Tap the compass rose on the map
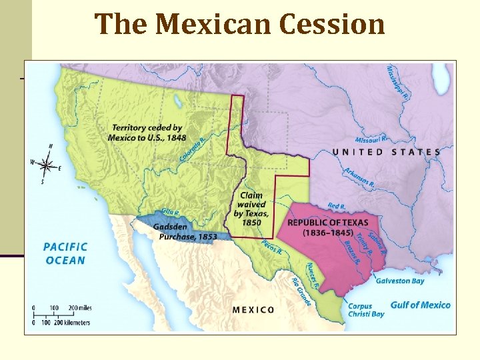coord(46,163)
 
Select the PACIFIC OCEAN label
coord(65,253)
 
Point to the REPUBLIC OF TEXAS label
coord(327,227)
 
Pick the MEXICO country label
coord(253,309)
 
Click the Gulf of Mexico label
coord(420,305)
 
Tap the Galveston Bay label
coord(400,281)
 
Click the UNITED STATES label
coord(386,152)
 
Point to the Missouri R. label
coord(371,140)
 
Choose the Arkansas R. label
coord(359,177)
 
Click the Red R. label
coord(337,206)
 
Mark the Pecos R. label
coord(271,247)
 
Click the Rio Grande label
coord(302,292)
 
